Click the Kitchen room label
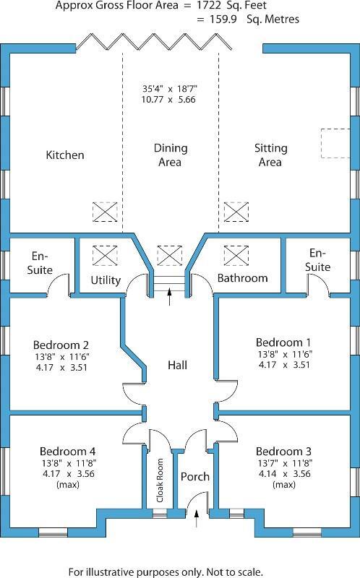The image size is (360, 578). (65, 155)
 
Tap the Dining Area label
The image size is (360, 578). (171, 155)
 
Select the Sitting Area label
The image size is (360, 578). (271, 155)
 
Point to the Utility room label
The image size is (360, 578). (106, 280)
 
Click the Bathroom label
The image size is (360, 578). (242, 277)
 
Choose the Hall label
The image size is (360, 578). (177, 365)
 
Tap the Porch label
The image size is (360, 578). (194, 477)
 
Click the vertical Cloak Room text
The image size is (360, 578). (160, 480)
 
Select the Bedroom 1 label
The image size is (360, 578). (283, 342)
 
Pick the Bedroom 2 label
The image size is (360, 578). (61, 345)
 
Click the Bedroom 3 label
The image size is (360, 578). (283, 451)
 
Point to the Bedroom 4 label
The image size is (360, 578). (67, 451)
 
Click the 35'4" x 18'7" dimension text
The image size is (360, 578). (170, 89)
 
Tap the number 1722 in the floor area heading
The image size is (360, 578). (208, 6)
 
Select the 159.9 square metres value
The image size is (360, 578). (223, 20)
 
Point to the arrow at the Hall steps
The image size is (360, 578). (170, 297)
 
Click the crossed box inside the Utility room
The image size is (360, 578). (105, 256)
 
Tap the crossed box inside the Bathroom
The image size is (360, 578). (236, 256)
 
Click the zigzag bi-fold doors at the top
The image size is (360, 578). (154, 42)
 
